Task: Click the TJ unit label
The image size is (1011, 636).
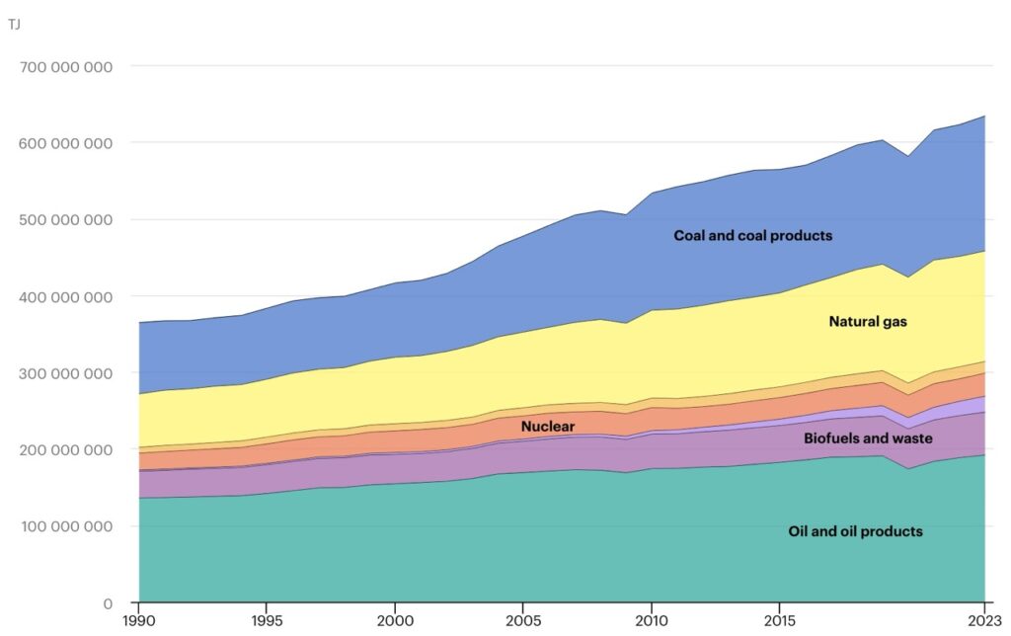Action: tap(14, 23)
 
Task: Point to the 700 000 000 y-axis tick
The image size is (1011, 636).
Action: tap(65, 67)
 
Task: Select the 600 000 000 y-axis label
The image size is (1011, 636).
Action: tap(65, 143)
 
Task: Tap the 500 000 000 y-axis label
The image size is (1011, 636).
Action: tap(65, 220)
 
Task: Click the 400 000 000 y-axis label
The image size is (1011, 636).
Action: tap(65, 296)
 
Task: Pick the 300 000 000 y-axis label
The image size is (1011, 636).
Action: tap(65, 373)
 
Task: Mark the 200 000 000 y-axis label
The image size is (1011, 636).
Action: tap(65, 449)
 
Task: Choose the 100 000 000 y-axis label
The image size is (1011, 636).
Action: tap(65, 526)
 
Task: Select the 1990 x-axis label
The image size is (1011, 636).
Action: tap(138, 622)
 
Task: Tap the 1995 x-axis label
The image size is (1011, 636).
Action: tap(267, 622)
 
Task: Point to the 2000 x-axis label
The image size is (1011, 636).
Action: tap(394, 622)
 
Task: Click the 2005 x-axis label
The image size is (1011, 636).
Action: tap(522, 622)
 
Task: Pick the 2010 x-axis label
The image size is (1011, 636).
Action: tap(651, 622)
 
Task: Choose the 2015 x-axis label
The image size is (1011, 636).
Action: tap(779, 622)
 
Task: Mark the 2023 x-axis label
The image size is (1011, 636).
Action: tap(983, 622)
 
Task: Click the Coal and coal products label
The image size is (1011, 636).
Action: tap(752, 236)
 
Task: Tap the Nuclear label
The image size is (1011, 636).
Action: tap(547, 427)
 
